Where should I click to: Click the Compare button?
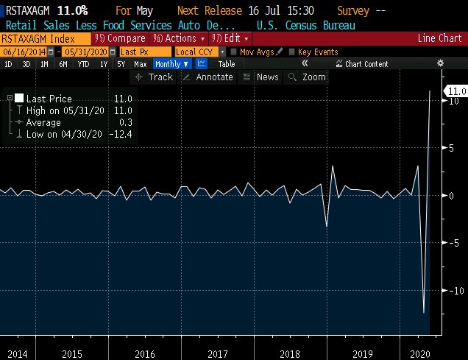(x=120, y=38)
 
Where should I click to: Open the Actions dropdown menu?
(x=179, y=38)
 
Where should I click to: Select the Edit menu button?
(x=230, y=38)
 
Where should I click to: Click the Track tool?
(x=154, y=77)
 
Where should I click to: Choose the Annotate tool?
(x=208, y=77)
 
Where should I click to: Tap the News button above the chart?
(x=261, y=77)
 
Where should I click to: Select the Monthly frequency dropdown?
(x=171, y=64)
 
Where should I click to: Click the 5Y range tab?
(x=121, y=64)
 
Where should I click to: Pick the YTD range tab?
(x=83, y=64)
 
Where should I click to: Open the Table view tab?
(x=227, y=64)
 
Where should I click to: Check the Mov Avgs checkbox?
(x=234, y=52)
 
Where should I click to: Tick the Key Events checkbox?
(x=291, y=52)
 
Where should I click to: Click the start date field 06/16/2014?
(x=24, y=52)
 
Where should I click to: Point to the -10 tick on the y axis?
(x=457, y=291)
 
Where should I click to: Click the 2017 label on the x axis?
(x=218, y=354)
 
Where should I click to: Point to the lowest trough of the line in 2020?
(x=424, y=313)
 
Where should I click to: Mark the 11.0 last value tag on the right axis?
(x=456, y=91)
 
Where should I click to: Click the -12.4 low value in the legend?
(x=121, y=134)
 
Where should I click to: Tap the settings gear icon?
(x=440, y=63)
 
